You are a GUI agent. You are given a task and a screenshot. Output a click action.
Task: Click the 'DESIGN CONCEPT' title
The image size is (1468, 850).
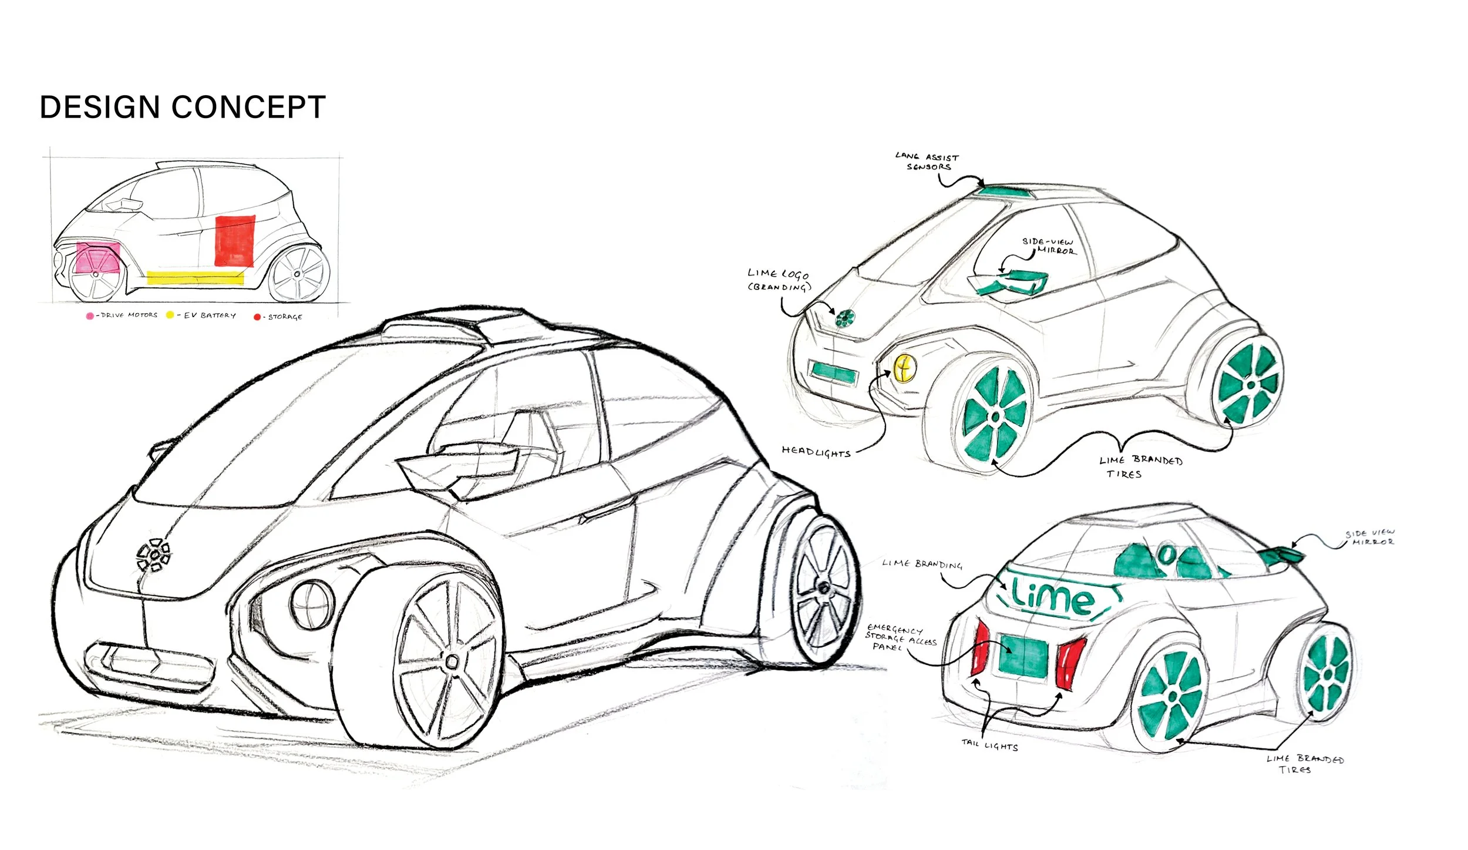[x=183, y=107]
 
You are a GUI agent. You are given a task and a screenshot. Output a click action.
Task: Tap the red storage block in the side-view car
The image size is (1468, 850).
[x=235, y=241]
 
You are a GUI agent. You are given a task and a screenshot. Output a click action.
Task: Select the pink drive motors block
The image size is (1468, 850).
[x=97, y=258]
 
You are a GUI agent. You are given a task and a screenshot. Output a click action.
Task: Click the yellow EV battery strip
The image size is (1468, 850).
[x=195, y=278]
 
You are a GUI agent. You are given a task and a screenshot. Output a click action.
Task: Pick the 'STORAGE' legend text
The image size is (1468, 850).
[x=285, y=317]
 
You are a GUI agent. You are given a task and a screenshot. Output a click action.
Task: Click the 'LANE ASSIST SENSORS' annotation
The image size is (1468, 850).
[x=927, y=162]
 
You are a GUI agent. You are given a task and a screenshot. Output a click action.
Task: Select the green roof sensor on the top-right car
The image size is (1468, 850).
[x=1005, y=192]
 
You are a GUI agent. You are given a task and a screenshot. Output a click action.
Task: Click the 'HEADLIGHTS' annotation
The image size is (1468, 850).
[x=816, y=451]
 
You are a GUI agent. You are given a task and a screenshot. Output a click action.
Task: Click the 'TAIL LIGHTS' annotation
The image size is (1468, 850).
[x=989, y=745]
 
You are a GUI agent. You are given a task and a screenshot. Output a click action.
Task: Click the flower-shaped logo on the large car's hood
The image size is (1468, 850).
[x=154, y=555]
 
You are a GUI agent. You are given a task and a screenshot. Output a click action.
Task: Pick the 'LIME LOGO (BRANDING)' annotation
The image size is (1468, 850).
[x=778, y=280]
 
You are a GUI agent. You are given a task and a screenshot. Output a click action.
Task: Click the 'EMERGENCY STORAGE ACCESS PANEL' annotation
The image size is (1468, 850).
[x=900, y=637]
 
